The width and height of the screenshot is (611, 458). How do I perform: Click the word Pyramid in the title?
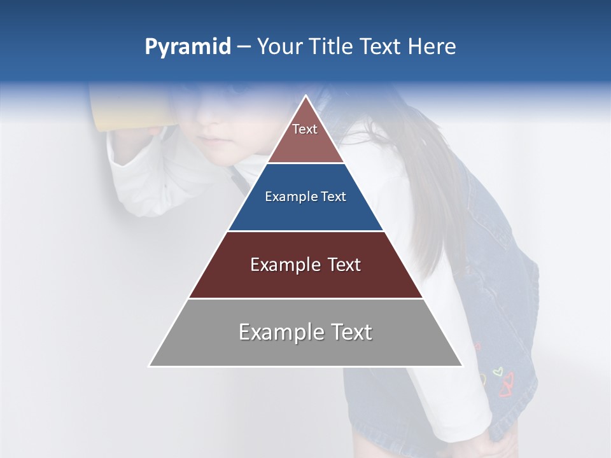[188, 47]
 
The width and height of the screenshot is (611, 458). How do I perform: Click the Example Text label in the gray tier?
[305, 332]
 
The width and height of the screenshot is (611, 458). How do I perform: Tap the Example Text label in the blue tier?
[305, 197]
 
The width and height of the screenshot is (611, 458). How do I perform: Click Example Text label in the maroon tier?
[305, 265]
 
